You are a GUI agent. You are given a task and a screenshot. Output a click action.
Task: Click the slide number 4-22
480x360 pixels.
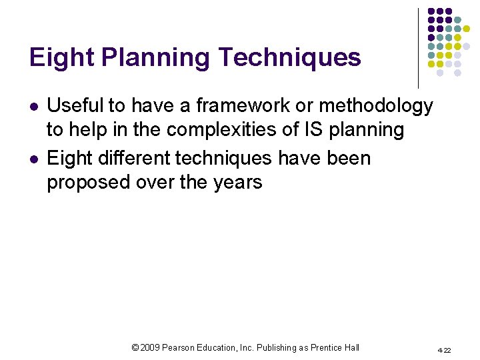(444, 350)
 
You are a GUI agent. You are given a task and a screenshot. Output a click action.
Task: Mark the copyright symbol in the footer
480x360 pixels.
(135, 347)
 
